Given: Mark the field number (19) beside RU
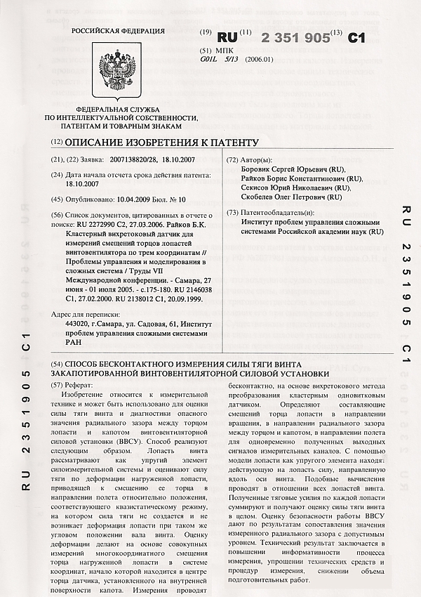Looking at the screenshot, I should point(206,33).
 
